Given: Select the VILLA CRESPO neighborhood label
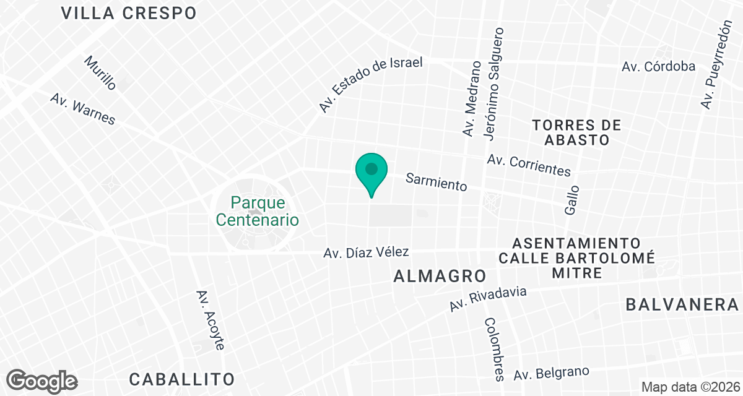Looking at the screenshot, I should coord(129,13).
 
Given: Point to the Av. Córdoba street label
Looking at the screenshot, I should coord(659,66).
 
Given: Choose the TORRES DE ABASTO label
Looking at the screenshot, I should coord(576,132).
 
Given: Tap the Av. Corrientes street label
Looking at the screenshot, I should coord(529,165).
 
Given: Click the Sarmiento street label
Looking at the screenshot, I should coord(436,182).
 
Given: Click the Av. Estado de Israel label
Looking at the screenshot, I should coord(371,85).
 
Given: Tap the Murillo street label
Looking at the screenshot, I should coord(100,73).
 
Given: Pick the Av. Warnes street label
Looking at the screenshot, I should coord(83,110).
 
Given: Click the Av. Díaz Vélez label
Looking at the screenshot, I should coord(367,252).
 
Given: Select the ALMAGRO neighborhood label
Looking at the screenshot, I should coord(439,277).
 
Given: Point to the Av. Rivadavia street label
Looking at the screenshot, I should coord(488,299).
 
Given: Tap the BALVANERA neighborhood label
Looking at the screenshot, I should coord(682,304).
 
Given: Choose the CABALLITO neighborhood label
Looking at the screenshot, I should coord(182,379).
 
